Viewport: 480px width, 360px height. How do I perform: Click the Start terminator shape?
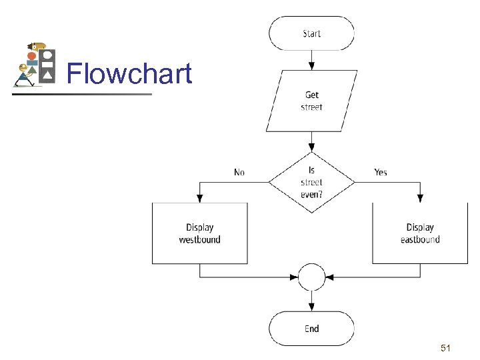pos(311,33)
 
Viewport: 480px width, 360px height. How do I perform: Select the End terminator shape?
pos(311,328)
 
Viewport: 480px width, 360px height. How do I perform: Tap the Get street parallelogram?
pos(311,101)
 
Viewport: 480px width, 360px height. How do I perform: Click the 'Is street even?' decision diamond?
pos(311,181)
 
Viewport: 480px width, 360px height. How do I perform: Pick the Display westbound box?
pos(200,233)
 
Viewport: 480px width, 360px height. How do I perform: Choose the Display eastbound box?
pos(420,233)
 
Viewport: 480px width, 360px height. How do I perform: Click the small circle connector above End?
pos(311,277)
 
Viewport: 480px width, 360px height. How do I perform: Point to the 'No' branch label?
pos(239,172)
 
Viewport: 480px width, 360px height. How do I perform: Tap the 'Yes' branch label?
pos(380,172)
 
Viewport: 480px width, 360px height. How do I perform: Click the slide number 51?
pos(447,348)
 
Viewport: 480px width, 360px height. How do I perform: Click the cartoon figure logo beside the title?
pos(35,65)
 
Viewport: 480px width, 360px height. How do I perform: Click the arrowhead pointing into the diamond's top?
pos(311,147)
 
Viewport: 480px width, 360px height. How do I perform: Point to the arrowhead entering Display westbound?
pos(200,199)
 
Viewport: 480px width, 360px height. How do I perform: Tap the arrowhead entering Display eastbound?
pos(420,199)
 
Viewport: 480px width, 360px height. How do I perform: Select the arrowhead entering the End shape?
pos(311,307)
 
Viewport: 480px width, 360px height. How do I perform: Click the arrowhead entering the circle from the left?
pos(294,277)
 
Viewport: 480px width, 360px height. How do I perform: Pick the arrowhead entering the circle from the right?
pos(329,277)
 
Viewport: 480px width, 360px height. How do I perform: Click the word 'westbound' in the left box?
pos(200,239)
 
